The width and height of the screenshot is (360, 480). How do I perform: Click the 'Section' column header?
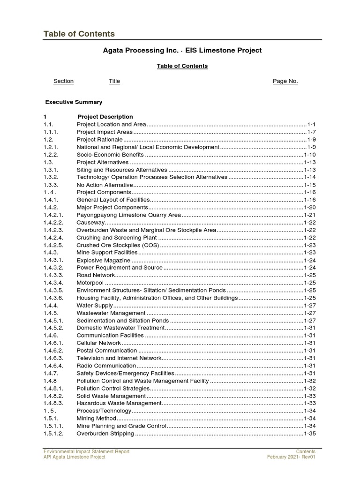pos(63,81)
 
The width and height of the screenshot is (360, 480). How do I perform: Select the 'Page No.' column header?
pos(285,81)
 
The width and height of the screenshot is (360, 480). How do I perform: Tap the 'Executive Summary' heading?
pos(74,102)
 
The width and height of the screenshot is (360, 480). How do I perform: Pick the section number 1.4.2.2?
pos(53,222)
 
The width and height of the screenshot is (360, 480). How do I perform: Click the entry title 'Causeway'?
pos(90,222)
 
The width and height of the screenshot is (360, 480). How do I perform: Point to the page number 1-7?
pos(312,132)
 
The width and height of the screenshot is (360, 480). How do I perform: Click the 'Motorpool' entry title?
pos(90,283)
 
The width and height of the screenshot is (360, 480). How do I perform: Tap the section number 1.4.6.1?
pos(53,343)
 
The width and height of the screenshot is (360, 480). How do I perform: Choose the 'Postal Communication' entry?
pos(107,351)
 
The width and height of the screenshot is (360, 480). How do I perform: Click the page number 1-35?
pos(310,434)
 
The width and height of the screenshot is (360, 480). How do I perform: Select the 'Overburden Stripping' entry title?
pos(105,434)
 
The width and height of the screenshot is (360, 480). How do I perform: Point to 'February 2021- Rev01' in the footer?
pos(291,457)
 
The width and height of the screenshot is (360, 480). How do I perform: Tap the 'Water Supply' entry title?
pos(95,305)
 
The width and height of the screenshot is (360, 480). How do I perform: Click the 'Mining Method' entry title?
pos(96,419)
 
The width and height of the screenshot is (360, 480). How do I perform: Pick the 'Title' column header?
pos(114,81)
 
